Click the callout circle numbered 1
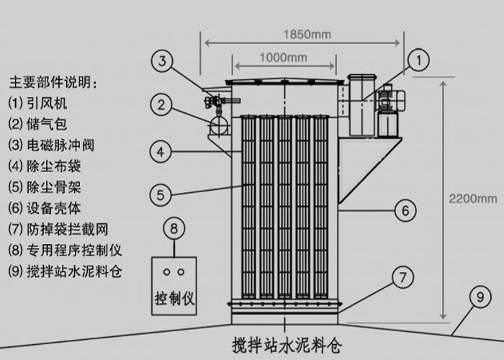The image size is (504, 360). click(419, 60)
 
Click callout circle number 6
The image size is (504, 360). click(405, 210)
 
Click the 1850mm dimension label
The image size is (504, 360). click(303, 32)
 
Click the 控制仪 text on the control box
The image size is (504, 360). click(175, 297)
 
